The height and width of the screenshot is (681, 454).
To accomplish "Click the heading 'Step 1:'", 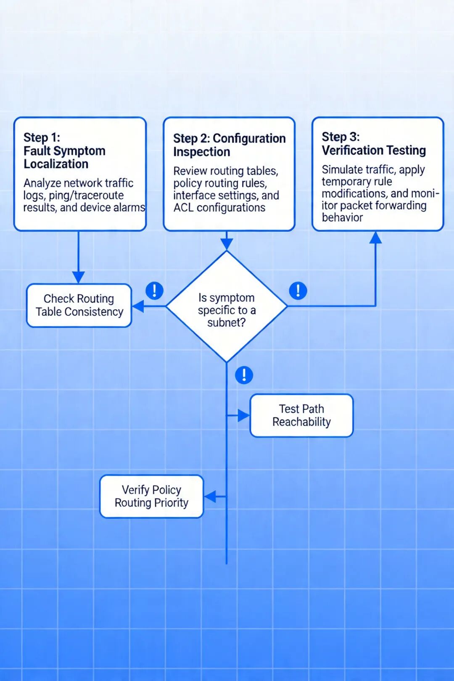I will pyautogui.click(x=42, y=137).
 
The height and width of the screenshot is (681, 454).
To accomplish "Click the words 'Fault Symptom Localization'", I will pyautogui.click(x=64, y=157).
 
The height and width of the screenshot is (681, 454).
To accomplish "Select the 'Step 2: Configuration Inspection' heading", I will pyautogui.click(x=229, y=145).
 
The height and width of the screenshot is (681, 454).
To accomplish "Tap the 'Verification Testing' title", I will pyautogui.click(x=374, y=150).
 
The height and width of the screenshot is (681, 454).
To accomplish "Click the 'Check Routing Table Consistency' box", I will pyautogui.click(x=79, y=305).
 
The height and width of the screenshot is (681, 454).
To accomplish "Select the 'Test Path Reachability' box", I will pyautogui.click(x=301, y=415).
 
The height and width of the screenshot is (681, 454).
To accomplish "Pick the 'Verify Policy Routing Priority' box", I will pyautogui.click(x=151, y=496).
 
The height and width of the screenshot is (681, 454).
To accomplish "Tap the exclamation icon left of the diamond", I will pyautogui.click(x=154, y=290).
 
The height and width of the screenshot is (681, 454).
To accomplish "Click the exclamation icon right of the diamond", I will pyautogui.click(x=298, y=290).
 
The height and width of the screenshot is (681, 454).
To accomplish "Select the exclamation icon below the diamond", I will pyautogui.click(x=244, y=375).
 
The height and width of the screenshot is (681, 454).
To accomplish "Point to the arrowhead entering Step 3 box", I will pyautogui.click(x=375, y=238).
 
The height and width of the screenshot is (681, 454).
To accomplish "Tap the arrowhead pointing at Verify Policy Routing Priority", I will pyautogui.click(x=210, y=496).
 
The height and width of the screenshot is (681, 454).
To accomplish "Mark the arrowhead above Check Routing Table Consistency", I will pyautogui.click(x=78, y=277).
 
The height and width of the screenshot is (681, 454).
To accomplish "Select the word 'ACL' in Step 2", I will pyautogui.click(x=183, y=208).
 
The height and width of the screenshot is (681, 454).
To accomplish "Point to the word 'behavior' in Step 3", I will pyautogui.click(x=342, y=217).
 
